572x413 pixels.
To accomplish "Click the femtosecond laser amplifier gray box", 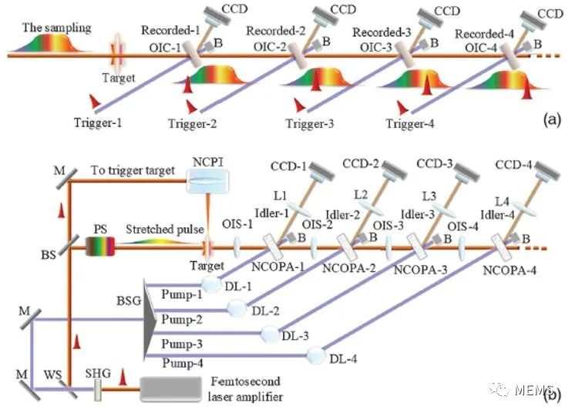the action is pos(170,389).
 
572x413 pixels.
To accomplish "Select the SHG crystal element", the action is pos(97,390).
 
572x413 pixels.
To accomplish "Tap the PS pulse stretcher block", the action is pos(100,247).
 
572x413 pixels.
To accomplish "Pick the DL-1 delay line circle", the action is pos(211,284).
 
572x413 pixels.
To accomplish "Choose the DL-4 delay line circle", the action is pos(315,355).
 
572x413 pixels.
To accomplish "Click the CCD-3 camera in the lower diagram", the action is pos(465,175).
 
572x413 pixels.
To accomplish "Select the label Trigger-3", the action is pos(309,123).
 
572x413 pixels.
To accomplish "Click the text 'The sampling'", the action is pos(56,28).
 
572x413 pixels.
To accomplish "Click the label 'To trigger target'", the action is pos(133,170).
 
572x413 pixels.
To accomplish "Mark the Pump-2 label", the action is pos(182,320).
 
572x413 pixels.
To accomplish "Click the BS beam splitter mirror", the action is pos(68,244).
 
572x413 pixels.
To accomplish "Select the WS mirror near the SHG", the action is pos(67,389).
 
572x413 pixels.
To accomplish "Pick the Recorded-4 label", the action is pos(484,34).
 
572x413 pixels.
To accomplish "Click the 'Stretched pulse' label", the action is pos(164,230).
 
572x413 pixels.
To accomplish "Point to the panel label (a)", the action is pos(552,119).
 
